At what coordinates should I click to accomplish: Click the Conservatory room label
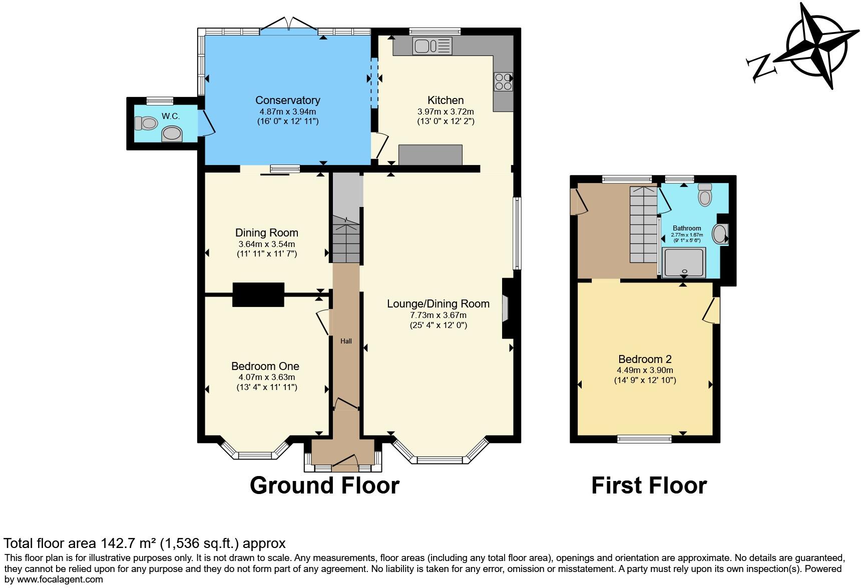pyautogui.click(x=287, y=100)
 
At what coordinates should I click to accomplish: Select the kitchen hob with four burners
pyautogui.click(x=504, y=81)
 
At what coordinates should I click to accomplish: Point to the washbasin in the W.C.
pyautogui.click(x=172, y=133)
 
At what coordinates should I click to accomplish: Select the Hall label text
pyautogui.click(x=346, y=341)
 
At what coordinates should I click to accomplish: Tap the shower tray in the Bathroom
pyautogui.click(x=684, y=262)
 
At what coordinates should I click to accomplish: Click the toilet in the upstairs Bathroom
pyautogui.click(x=705, y=195)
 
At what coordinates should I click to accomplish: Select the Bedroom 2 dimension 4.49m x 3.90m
pyautogui.click(x=645, y=370)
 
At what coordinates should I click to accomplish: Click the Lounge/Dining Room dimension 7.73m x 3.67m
pyautogui.click(x=438, y=315)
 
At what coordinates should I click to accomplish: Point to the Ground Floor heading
pyautogui.click(x=324, y=485)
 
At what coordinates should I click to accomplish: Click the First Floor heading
pyautogui.click(x=649, y=485)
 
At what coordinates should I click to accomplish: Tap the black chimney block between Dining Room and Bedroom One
pyautogui.click(x=258, y=294)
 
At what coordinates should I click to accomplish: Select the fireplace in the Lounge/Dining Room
pyautogui.click(x=506, y=308)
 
